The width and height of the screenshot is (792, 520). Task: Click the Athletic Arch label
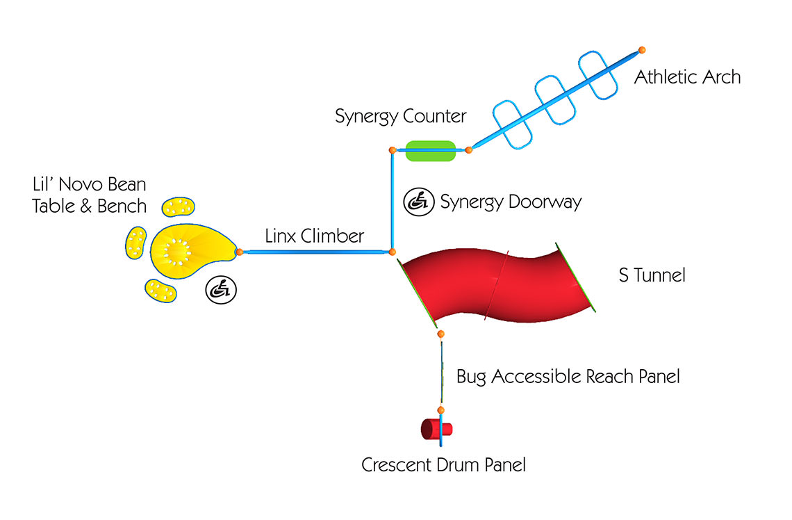click(x=687, y=76)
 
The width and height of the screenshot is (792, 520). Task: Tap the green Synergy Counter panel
click(x=430, y=150)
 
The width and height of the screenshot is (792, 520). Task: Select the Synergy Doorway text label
click(x=511, y=202)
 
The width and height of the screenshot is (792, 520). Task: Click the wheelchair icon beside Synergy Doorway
click(x=417, y=202)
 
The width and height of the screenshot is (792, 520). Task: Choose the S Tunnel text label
click(x=652, y=275)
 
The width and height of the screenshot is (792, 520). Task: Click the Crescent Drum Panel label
click(x=443, y=465)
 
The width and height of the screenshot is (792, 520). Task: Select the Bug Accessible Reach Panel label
click(x=568, y=377)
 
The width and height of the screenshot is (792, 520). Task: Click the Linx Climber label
click(x=314, y=236)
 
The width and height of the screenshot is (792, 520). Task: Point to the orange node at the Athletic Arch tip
click(x=642, y=50)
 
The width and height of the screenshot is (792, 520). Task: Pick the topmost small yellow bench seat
click(x=178, y=206)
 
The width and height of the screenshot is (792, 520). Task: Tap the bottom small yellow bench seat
click(x=161, y=291)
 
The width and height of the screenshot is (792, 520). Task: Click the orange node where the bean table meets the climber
click(x=239, y=252)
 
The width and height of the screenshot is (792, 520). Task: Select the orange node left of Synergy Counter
click(x=393, y=149)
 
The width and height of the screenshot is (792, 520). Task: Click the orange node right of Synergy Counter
click(x=468, y=149)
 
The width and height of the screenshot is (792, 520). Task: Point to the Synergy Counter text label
click(x=400, y=116)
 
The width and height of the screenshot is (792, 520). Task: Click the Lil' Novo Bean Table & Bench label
click(x=89, y=195)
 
